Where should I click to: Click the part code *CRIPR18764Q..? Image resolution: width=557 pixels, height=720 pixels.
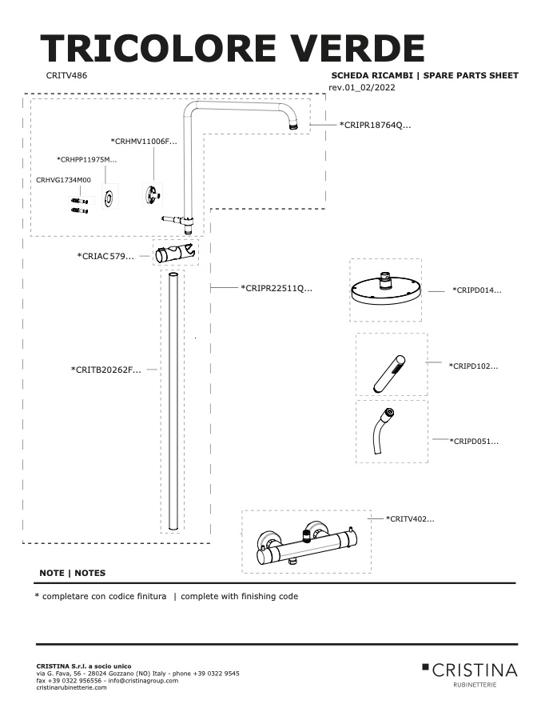point(375,125)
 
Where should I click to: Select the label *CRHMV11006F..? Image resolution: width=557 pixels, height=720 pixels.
point(144,142)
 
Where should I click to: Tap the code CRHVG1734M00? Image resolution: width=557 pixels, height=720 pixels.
point(63,180)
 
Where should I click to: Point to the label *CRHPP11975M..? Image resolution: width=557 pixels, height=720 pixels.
point(87,160)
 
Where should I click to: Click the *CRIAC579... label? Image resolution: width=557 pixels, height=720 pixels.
point(105,256)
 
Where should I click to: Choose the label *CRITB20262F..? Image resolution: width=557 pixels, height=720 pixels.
point(106,370)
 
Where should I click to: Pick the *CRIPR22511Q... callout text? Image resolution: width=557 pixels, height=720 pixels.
point(277,288)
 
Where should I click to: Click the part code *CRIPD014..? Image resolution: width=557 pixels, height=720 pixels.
point(477,290)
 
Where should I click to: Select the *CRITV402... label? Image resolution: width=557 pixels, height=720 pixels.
point(410,519)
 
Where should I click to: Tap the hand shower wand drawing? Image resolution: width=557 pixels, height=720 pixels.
point(389,374)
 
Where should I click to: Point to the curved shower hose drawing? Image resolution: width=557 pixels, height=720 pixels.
point(384,430)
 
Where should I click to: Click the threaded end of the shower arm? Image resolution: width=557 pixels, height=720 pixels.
point(293,125)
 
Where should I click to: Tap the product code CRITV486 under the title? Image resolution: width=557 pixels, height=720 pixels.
point(66,75)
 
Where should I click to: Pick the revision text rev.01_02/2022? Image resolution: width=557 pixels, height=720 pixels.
point(362,88)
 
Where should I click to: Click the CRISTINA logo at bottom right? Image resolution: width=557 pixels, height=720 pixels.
point(470,674)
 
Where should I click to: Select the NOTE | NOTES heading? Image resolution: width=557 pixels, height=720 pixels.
point(73,573)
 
